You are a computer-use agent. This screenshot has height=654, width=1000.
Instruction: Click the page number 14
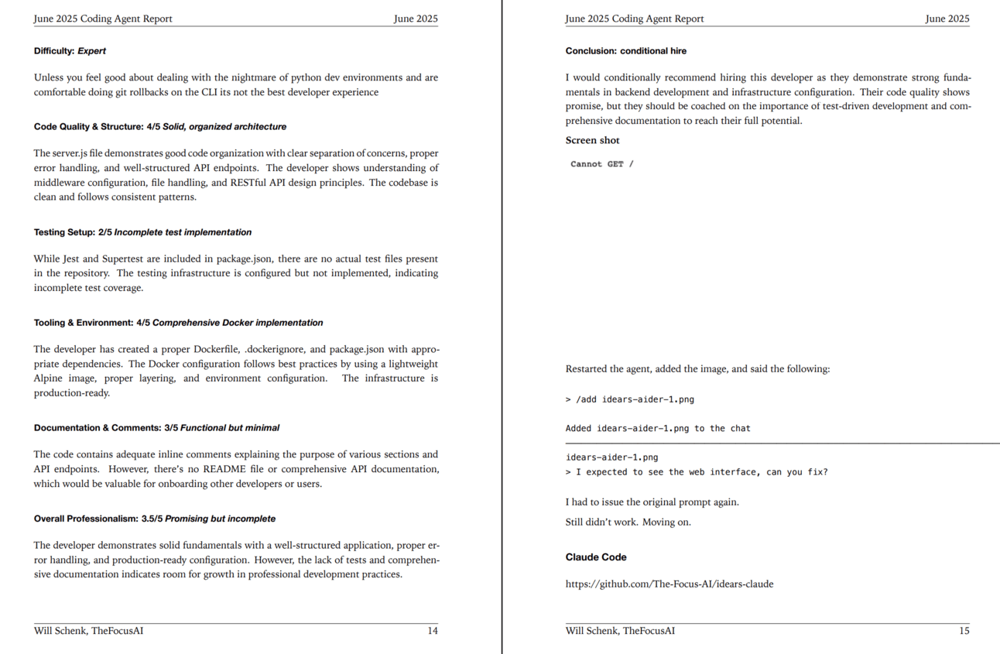click(x=433, y=631)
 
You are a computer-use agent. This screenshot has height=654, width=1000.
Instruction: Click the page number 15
click(x=964, y=631)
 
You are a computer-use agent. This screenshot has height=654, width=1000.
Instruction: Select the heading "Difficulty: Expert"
click(x=70, y=51)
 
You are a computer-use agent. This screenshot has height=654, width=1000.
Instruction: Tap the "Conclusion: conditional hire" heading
click(x=625, y=51)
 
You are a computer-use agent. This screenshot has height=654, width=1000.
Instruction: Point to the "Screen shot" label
click(x=592, y=140)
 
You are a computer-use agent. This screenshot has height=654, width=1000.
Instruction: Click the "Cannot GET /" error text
click(x=601, y=164)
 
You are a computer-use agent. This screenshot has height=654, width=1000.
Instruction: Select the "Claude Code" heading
click(x=596, y=557)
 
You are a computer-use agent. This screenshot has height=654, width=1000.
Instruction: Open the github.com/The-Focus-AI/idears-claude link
click(x=669, y=584)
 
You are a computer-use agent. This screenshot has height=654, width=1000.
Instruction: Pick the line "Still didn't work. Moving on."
click(x=628, y=522)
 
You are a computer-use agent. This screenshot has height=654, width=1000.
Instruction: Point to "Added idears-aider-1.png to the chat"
click(x=658, y=428)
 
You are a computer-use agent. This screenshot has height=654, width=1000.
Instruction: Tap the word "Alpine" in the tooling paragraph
click(x=49, y=378)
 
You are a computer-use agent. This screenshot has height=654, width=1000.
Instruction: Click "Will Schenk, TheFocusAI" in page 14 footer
click(x=88, y=631)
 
